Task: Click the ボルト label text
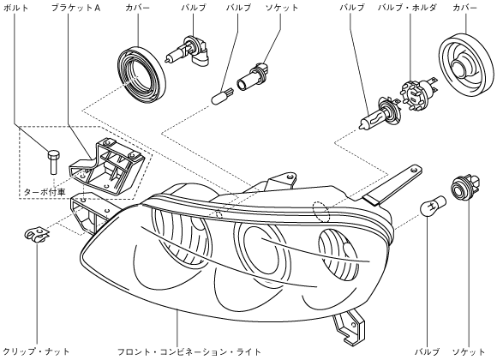pos(15,8)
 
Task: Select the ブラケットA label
pos(76,8)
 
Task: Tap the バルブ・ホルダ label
pos(407,8)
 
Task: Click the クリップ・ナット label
pos(36,351)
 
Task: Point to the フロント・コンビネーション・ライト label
pos(189,351)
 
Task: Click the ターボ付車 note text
pos(45,192)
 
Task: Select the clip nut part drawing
pos(37,234)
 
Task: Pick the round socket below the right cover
pos(465,188)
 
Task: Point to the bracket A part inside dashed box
pos(106,167)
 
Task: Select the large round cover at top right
pos(466,64)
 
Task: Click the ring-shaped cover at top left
pos(141,75)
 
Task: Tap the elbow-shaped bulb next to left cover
pos(189,51)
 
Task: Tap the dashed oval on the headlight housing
pos(321,211)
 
